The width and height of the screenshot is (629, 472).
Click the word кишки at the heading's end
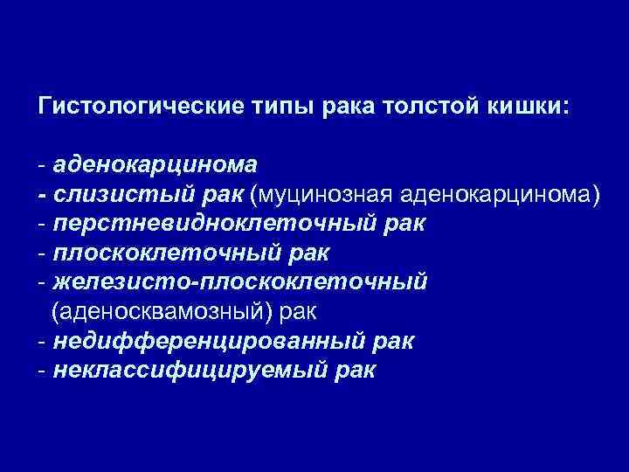[x=530, y=107]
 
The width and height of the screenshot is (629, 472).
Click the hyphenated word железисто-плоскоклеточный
[x=239, y=282]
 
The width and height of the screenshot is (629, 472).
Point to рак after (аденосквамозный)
[x=305, y=312]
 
